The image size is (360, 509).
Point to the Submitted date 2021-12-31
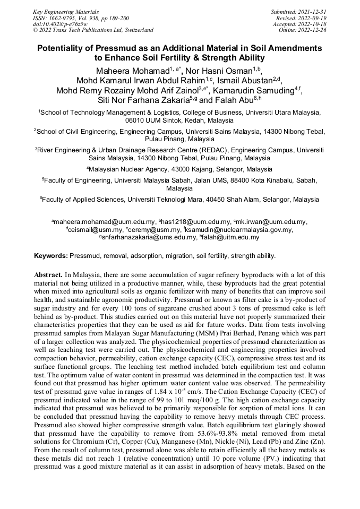[x=312, y=11]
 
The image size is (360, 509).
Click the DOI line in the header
[x=60, y=24]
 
